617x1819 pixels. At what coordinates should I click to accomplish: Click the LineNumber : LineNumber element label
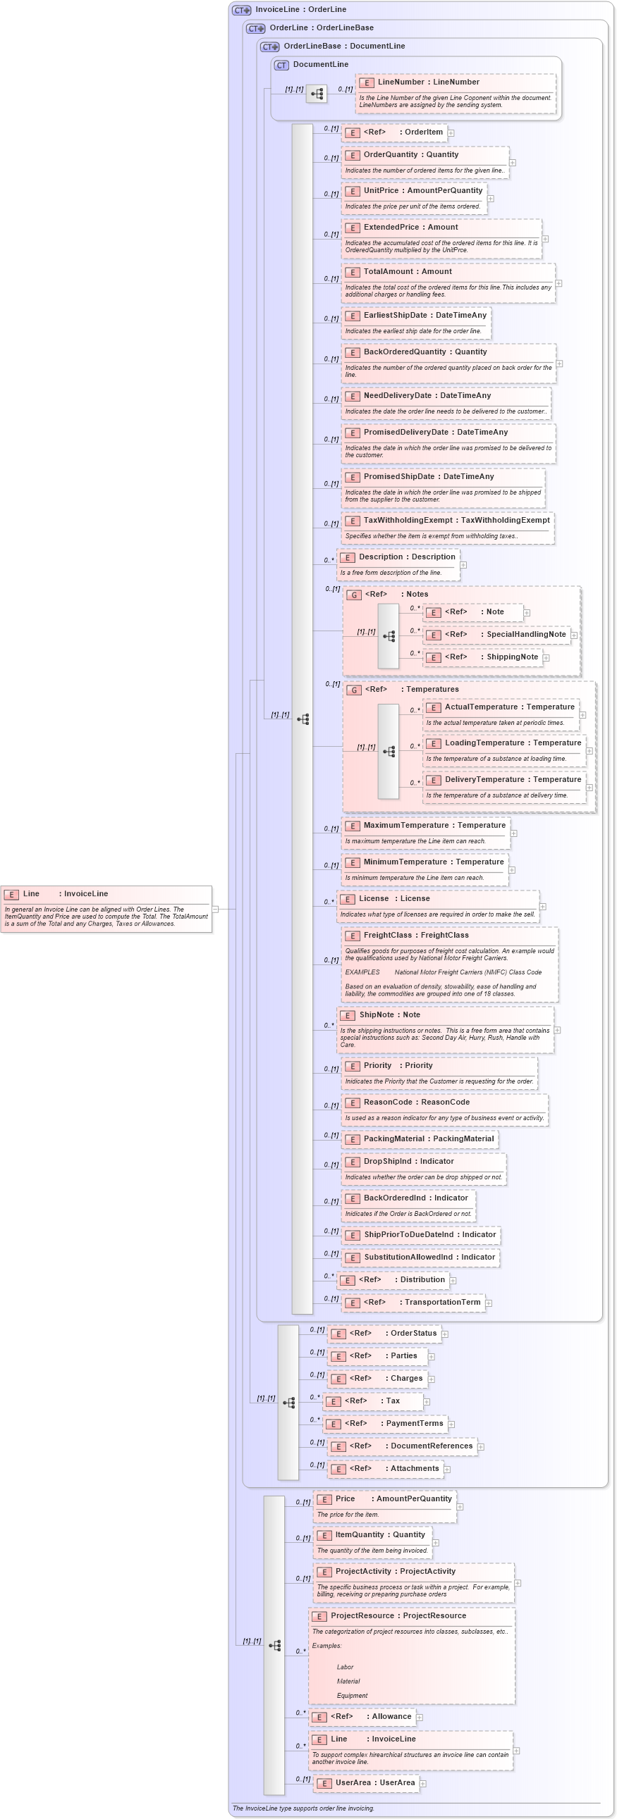pyautogui.click(x=428, y=82)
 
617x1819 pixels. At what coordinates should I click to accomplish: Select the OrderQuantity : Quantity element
pyautogui.click(x=410, y=155)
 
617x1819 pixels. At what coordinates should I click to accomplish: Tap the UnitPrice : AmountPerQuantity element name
pyautogui.click(x=422, y=191)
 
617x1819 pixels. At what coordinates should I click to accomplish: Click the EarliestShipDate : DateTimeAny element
pyautogui.click(x=424, y=316)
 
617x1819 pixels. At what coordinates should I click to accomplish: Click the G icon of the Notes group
pyautogui.click(x=354, y=595)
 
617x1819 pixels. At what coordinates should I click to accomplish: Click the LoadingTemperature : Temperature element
pyautogui.click(x=513, y=743)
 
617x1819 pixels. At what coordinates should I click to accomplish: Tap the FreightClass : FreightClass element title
pyautogui.click(x=415, y=936)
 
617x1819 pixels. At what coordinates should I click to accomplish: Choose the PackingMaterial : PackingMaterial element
pyautogui.click(x=428, y=1139)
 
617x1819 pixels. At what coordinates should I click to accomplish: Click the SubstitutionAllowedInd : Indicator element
pyautogui.click(x=429, y=1258)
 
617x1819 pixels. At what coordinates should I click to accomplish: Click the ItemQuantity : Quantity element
pyautogui.click(x=379, y=1535)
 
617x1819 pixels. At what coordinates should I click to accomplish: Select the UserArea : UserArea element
pyautogui.click(x=374, y=1783)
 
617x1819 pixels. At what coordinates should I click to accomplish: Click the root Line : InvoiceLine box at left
pyautogui.click(x=106, y=909)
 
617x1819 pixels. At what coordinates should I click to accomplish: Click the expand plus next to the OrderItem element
pyautogui.click(x=451, y=132)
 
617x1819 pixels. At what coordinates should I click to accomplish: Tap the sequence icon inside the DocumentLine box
pyautogui.click(x=317, y=93)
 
